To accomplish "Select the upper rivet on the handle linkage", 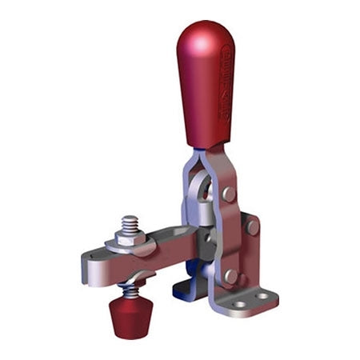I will pos(229,194).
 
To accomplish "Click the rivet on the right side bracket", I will pos(253,227).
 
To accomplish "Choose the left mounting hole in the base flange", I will pos(238,305).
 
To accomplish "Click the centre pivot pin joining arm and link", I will pos(210,238).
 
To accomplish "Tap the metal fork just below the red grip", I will pos(210,164).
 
